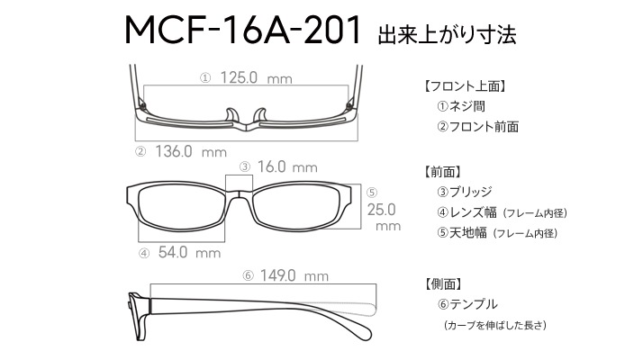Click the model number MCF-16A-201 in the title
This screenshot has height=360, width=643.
(x=243, y=30)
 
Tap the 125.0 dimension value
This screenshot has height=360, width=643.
(x=239, y=77)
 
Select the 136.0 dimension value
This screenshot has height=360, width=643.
(x=174, y=151)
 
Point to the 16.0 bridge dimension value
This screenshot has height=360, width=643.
(x=271, y=166)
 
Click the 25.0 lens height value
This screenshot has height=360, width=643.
(x=381, y=210)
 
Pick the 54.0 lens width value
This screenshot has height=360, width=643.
(x=173, y=252)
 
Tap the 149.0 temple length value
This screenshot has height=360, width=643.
(x=277, y=275)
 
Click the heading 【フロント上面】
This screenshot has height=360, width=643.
(x=465, y=86)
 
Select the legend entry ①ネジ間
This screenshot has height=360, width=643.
(x=461, y=106)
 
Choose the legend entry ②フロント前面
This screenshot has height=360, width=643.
(x=477, y=127)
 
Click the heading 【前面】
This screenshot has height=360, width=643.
(x=442, y=172)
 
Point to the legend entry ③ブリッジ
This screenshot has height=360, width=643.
(x=464, y=192)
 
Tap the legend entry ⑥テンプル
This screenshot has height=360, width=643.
(x=467, y=304)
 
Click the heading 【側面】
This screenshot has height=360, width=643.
(x=442, y=283)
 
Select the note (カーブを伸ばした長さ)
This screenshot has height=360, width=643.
(x=495, y=325)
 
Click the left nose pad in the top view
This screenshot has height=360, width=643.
(x=232, y=115)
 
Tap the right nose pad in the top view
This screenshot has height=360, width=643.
(x=260, y=115)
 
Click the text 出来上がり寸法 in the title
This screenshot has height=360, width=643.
(x=447, y=34)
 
